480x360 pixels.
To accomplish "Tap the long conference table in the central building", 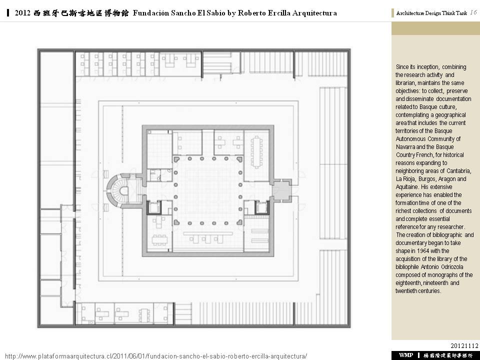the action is tap(256, 152).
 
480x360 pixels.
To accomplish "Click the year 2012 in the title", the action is tap(22, 13).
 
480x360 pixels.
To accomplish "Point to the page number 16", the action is tap(473, 12).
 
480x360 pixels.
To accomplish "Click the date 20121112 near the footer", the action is tap(464, 345).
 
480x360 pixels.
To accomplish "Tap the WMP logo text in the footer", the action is tap(406, 355).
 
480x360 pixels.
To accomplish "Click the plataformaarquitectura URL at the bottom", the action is tap(156, 356).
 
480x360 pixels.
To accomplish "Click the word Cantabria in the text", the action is tap(458, 171).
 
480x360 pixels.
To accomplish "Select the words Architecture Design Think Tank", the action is tap(431, 13).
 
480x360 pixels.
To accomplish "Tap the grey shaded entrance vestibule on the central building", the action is tap(281, 190).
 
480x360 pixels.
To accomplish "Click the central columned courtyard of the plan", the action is tap(208, 190).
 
